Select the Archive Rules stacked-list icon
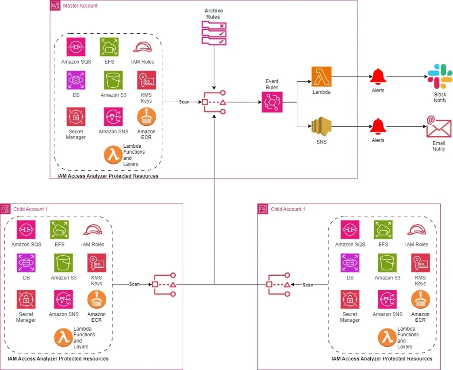pyautogui.click(x=214, y=33)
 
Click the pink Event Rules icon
pyautogui.click(x=272, y=102)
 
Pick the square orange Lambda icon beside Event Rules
pyautogui.click(x=322, y=77)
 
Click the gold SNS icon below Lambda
pyautogui.click(x=322, y=126)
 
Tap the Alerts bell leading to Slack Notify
pyautogui.click(x=378, y=77)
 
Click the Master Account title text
pyautogui.click(x=80, y=6)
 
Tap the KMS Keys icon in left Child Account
pyautogui.click(x=96, y=263)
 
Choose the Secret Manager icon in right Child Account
pyautogui.click(x=350, y=300)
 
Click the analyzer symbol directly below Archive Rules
pyautogui.click(x=214, y=103)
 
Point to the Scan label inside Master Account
pyautogui.click(x=184, y=102)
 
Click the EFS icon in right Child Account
pyautogui.click(x=383, y=230)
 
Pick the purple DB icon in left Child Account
pyautogui.click(x=26, y=263)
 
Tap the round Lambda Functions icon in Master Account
pyautogui.click(x=113, y=155)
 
